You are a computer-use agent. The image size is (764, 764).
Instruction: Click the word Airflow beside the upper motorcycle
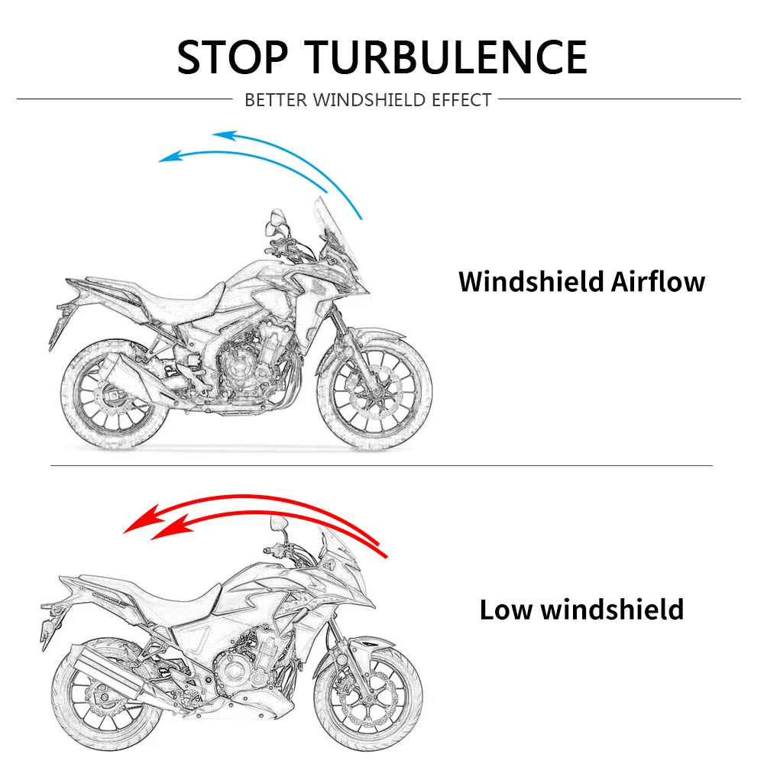(658, 281)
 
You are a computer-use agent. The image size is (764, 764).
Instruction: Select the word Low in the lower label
(507, 610)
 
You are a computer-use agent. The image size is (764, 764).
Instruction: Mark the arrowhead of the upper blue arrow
(222, 136)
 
